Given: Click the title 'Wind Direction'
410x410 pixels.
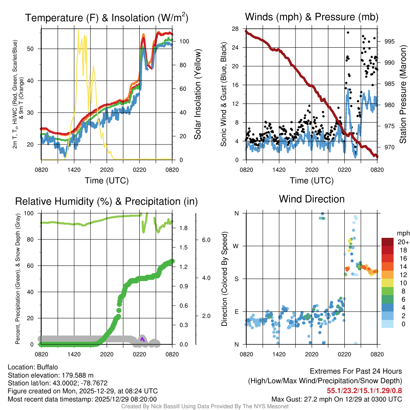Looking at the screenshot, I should (312, 199).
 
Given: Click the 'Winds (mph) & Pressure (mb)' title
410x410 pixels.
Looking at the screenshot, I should (312, 17).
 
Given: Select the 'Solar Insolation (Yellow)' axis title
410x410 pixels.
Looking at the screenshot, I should (197, 94).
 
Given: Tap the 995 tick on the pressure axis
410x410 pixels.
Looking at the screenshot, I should (390, 41).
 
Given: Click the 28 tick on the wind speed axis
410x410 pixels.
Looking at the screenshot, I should (235, 28).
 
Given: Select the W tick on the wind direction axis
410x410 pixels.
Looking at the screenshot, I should (236, 246).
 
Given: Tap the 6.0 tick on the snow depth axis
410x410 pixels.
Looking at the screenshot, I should (207, 240).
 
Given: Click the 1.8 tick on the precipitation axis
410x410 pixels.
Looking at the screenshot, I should (184, 228).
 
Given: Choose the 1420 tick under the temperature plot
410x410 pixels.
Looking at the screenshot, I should (74, 169).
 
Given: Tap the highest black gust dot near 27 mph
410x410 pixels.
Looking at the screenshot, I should (348, 32).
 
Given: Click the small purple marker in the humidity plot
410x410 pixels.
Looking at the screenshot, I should (142, 339).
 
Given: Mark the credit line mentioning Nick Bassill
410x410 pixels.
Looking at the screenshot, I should (205, 406).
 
